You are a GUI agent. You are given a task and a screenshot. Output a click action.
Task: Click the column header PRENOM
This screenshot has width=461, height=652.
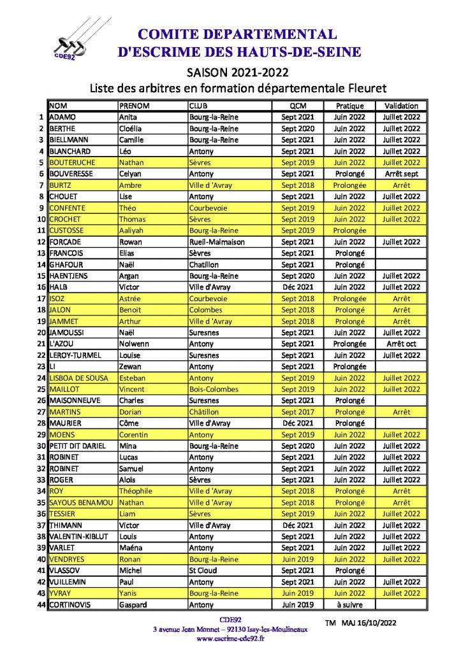(134, 106)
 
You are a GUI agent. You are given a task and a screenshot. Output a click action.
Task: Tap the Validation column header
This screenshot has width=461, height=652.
(401, 106)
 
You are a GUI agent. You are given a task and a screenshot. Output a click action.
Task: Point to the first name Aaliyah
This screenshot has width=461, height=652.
(133, 230)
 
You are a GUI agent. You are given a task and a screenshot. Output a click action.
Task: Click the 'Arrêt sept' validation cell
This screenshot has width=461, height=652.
(401, 174)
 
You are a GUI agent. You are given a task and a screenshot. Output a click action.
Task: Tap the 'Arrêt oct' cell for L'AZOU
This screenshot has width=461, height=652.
(401, 344)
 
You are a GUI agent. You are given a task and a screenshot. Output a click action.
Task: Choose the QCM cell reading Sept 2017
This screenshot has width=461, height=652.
(298, 412)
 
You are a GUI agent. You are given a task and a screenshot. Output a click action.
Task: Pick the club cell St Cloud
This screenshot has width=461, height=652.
(203, 570)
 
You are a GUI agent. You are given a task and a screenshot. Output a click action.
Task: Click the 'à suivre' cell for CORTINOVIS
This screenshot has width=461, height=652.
(349, 605)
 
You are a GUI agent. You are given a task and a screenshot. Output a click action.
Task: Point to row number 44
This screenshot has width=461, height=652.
(40, 605)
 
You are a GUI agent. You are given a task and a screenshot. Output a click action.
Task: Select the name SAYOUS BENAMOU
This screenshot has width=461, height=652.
(80, 502)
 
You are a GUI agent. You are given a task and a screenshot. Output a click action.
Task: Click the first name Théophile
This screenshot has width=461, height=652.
(136, 491)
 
